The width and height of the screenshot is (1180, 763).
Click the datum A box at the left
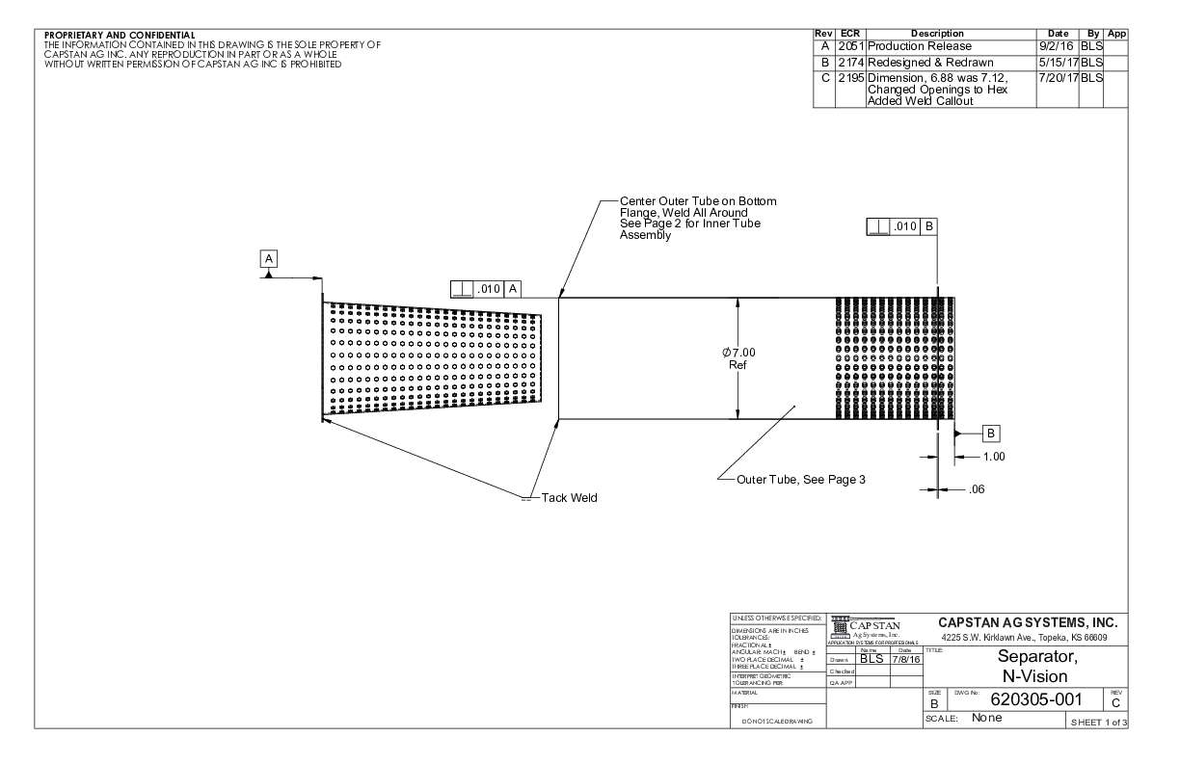270,258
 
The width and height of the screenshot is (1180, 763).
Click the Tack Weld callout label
570,497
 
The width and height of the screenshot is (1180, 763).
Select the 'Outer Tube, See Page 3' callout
800,479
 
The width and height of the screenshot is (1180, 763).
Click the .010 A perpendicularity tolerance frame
487,287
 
